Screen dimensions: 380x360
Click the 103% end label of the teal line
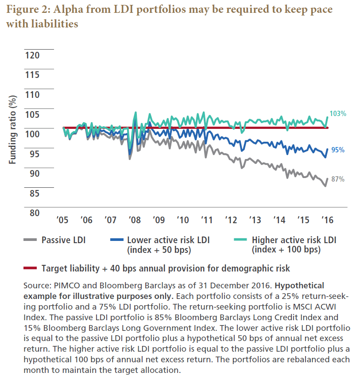338,114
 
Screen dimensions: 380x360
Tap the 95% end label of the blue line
338,150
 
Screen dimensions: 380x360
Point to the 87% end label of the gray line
338,179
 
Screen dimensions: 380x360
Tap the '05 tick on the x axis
63,220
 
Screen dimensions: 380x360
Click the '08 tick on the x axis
134,220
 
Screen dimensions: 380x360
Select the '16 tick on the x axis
326,220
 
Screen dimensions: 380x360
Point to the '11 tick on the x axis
206,220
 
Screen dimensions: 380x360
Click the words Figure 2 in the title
26,10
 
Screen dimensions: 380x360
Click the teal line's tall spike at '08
135,112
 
